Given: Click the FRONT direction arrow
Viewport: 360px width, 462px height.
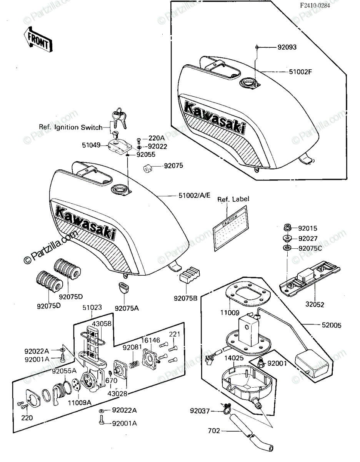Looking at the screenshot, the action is [38, 40].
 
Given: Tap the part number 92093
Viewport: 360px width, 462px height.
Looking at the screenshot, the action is [287, 47].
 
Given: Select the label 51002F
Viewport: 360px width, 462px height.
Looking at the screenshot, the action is [300, 72].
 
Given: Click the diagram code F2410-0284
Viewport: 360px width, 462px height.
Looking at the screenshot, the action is [315, 5].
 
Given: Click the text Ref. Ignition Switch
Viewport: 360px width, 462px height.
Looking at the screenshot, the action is [71, 127].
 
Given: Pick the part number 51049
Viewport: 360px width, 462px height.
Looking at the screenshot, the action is [91, 145].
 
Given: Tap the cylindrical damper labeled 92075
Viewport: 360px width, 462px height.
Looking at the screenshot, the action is [148, 169].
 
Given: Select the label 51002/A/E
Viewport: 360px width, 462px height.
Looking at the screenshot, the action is [195, 195].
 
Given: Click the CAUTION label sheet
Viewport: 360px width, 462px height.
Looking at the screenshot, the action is [231, 228].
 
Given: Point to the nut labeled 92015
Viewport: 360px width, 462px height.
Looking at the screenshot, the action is [288, 228].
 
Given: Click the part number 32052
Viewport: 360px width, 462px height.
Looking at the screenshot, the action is [315, 305].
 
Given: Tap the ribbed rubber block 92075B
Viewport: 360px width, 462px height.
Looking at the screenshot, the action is [190, 275].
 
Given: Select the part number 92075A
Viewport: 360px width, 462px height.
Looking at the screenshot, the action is [127, 308].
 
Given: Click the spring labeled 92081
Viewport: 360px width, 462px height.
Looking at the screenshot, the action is [134, 365].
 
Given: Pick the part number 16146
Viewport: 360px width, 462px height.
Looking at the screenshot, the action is [151, 340].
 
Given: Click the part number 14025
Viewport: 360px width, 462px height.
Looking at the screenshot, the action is [234, 358].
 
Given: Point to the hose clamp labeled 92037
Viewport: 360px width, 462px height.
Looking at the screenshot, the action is [226, 410].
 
